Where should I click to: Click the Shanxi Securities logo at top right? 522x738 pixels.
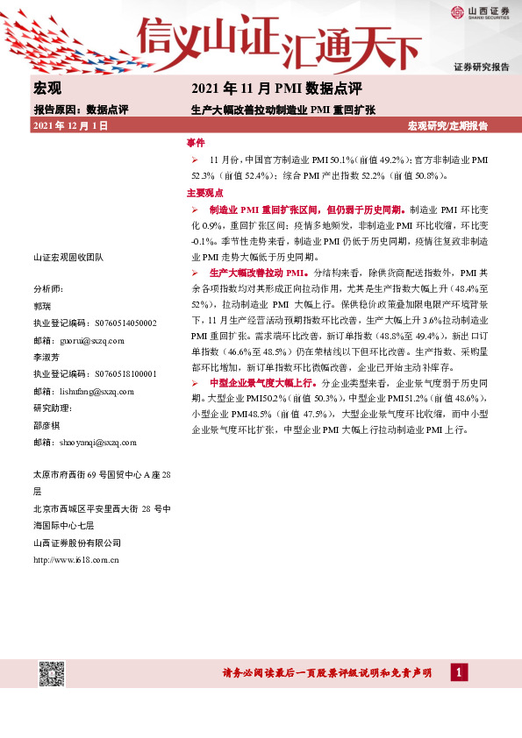tap(479, 12)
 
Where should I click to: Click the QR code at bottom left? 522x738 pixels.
tap(52, 674)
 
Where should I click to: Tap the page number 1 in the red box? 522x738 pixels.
tap(458, 672)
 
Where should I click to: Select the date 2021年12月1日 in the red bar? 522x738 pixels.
tap(70, 126)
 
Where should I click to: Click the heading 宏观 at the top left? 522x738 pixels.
tap(46, 89)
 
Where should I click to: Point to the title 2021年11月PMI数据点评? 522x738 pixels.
tap(276, 89)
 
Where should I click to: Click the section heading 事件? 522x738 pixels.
tap(196, 143)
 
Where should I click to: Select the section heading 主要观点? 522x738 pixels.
tap(204, 192)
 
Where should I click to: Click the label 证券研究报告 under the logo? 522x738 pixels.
tap(481, 67)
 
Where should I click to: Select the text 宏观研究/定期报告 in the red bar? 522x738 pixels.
tap(448, 126)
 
